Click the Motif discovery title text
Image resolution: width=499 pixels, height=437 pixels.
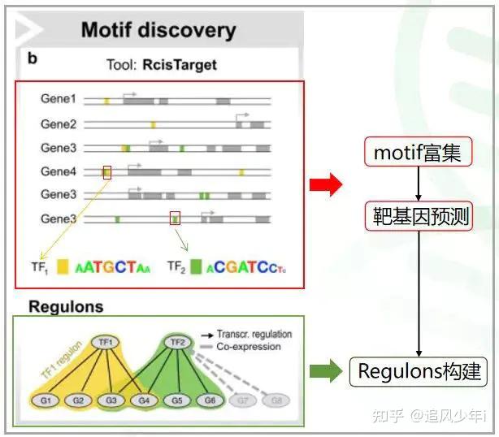pyautogui.click(x=158, y=31)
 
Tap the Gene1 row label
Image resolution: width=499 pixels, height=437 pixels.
pyautogui.click(x=59, y=99)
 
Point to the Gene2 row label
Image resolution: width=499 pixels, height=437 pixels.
pyautogui.click(x=59, y=124)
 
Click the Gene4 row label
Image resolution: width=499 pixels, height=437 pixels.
pyautogui.click(x=59, y=171)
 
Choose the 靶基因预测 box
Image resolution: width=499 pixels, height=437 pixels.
pyautogui.click(x=418, y=216)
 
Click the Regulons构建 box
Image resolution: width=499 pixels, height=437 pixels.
pyautogui.click(x=418, y=371)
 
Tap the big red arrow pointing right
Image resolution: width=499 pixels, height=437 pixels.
pyautogui.click(x=326, y=185)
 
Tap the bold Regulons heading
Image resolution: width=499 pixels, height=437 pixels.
pyautogui.click(x=66, y=306)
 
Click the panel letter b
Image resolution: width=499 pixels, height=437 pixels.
pyautogui.click(x=33, y=58)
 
